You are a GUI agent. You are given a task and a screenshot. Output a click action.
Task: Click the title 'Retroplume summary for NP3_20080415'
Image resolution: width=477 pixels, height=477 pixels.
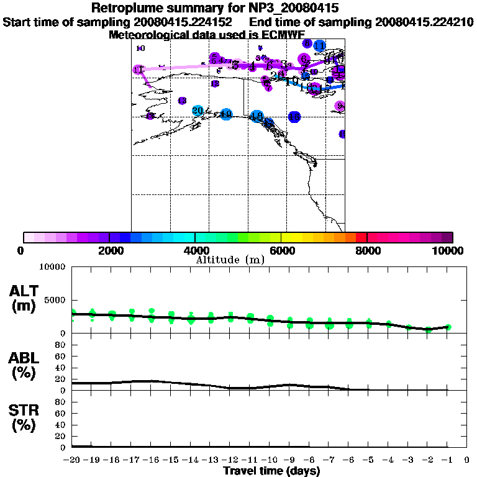tap(214, 9)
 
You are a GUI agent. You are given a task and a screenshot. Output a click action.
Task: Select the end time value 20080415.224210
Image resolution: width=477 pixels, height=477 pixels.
tap(425, 22)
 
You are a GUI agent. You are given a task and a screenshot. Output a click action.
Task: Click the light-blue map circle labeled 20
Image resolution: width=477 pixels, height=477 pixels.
tap(198, 111)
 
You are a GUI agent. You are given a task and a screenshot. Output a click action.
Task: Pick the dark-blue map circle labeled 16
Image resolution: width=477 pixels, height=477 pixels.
tap(294, 117)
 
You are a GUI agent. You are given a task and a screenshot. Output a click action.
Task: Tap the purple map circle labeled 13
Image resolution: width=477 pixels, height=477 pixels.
tap(182, 101)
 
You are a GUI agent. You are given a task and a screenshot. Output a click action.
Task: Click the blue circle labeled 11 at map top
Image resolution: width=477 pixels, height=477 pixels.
tap(319, 46)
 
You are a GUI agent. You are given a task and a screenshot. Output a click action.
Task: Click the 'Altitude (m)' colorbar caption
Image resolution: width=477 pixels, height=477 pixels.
tap(230, 260)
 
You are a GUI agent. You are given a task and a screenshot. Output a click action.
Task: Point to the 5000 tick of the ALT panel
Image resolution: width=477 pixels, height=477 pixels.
tap(55, 300)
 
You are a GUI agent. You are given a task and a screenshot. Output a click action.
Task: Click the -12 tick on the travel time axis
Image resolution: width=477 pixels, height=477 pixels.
tap(230, 461)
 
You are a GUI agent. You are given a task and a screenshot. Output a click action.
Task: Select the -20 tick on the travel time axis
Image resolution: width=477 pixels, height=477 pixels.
tap(72, 461)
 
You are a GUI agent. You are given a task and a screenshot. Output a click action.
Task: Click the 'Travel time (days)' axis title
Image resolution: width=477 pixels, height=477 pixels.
tap(271, 471)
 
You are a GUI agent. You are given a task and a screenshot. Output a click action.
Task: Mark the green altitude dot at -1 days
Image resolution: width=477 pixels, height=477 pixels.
tap(448, 327)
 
